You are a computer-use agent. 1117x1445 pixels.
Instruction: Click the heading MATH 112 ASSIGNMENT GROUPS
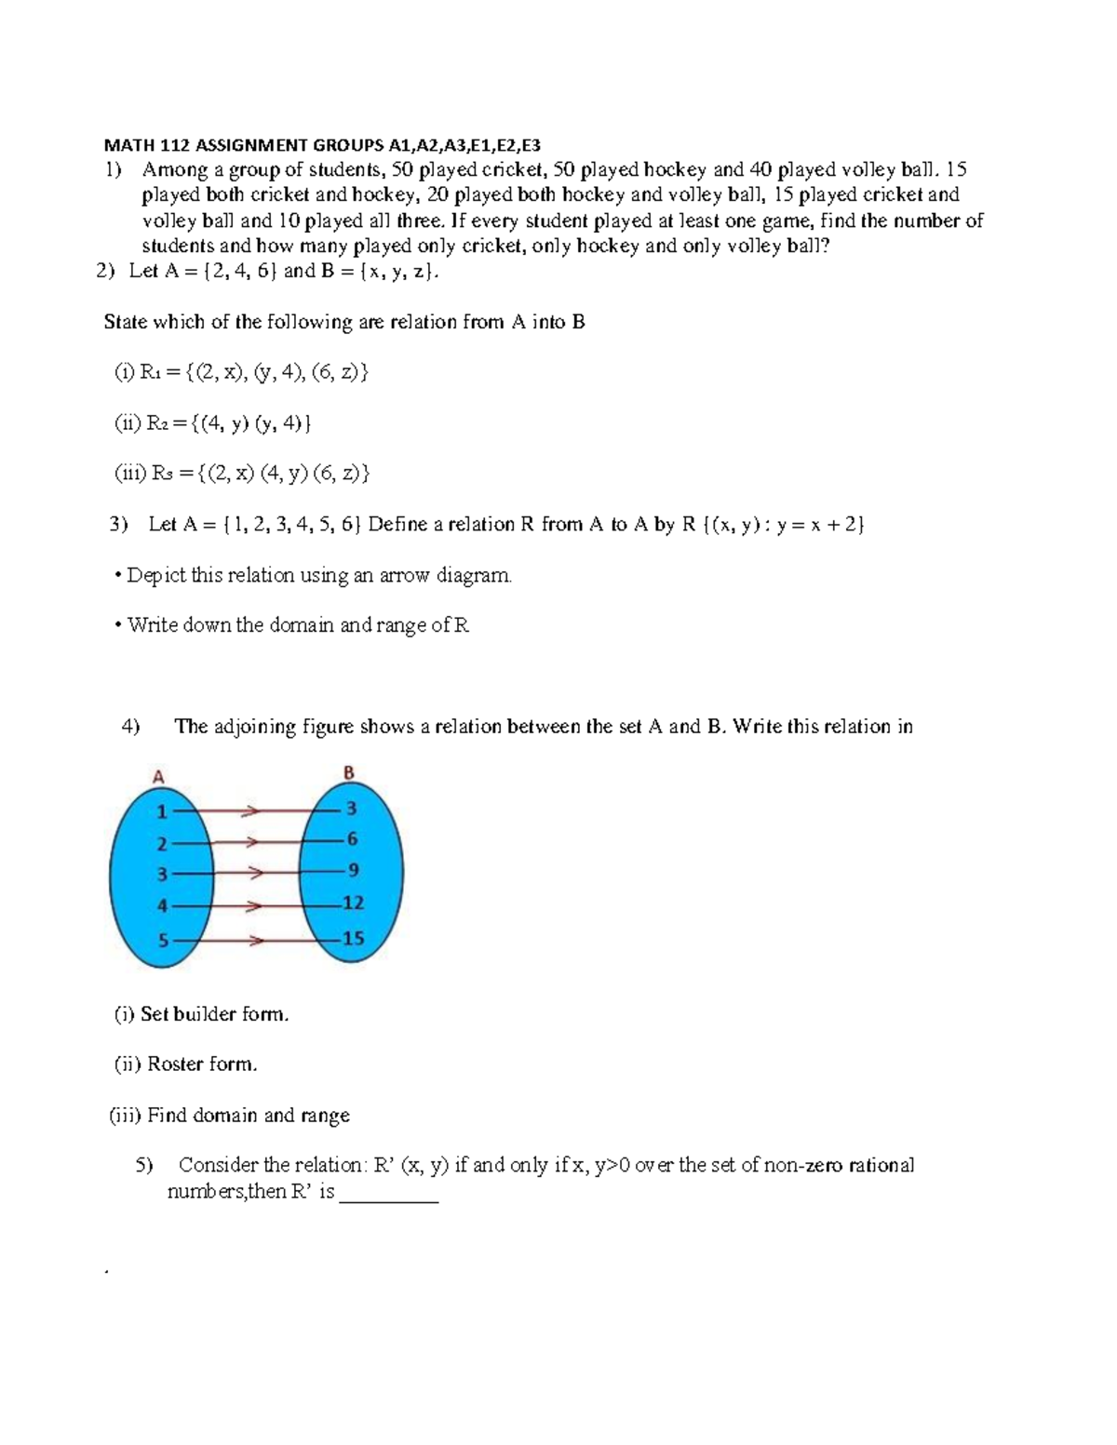pos(321,144)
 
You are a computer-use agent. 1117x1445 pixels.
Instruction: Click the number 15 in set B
pos(353,938)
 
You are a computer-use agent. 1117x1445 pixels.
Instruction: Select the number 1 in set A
pos(161,811)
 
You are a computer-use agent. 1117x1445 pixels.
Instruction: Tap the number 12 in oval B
pos(353,903)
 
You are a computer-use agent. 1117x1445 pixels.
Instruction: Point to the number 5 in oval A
pos(162,940)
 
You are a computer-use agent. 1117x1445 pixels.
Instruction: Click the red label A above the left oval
pos(158,776)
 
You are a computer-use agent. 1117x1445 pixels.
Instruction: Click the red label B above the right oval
pos(349,772)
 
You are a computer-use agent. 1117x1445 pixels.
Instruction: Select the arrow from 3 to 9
pos(251,874)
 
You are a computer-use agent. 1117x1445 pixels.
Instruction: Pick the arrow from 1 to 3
pos(251,811)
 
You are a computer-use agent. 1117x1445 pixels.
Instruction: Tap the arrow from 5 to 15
pos(251,940)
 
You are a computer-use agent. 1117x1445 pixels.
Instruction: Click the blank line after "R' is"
pos(389,1195)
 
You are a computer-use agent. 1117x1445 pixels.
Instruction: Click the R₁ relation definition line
pos(241,373)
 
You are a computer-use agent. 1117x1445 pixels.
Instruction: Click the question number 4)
pos(130,727)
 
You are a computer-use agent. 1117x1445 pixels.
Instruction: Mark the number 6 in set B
pos(352,838)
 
